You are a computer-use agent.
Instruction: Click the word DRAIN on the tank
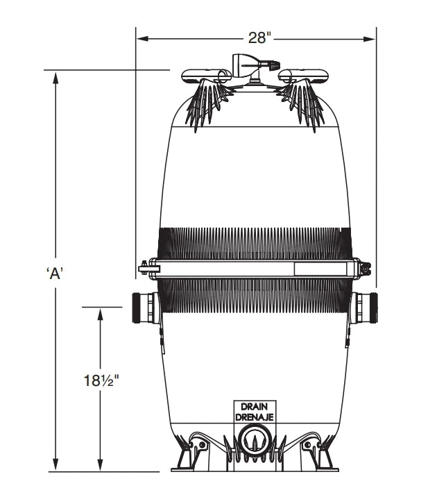tap(257, 407)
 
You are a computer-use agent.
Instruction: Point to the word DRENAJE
tap(257, 417)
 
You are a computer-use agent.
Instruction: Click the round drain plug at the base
tap(256, 439)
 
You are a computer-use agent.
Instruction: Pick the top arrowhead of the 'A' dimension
tap(55, 75)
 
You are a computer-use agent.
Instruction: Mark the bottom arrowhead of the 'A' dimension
tap(55, 466)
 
